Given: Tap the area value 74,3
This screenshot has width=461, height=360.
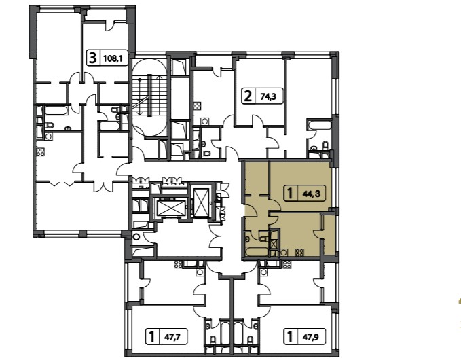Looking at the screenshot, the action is (x=268, y=96).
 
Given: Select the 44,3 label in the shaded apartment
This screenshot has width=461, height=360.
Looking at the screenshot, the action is (x=312, y=194).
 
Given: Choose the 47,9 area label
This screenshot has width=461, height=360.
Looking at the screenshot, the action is (x=311, y=337).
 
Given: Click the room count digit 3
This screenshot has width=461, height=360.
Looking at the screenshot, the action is (x=92, y=58).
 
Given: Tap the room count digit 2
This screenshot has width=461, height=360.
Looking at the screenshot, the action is (x=248, y=96).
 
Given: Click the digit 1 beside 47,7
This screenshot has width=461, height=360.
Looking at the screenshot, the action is (x=151, y=337).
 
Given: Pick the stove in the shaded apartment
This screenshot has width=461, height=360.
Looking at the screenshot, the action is (x=299, y=253).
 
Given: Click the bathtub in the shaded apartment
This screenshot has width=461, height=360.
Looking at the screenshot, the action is (x=257, y=253).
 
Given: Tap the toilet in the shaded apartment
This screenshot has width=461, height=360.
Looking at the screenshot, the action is (x=263, y=236).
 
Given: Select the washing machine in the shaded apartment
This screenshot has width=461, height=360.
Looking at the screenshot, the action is (x=284, y=253).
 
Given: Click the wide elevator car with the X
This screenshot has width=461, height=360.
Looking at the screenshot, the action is (x=170, y=209).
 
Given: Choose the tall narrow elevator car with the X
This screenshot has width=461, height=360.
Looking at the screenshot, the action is (x=201, y=202).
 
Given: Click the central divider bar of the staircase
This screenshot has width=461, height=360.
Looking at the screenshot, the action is (x=149, y=95).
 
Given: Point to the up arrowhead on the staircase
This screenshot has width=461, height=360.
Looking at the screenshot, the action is (x=160, y=77).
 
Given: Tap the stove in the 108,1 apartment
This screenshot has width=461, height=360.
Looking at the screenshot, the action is (x=41, y=152).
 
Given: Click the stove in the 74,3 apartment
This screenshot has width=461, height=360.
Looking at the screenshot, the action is (x=198, y=105).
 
